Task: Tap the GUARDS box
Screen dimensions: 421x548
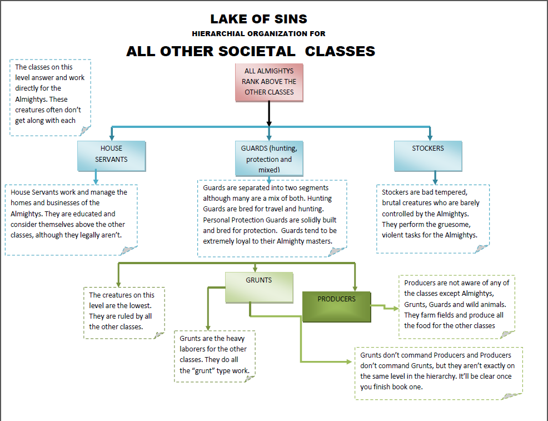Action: [x=269, y=157]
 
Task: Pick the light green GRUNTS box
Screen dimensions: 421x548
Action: [x=258, y=286]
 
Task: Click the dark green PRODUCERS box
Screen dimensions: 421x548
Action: [x=336, y=306]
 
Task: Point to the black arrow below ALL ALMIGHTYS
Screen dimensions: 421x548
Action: [x=269, y=114]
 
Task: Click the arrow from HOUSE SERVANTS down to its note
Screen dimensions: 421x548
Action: [x=96, y=177]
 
